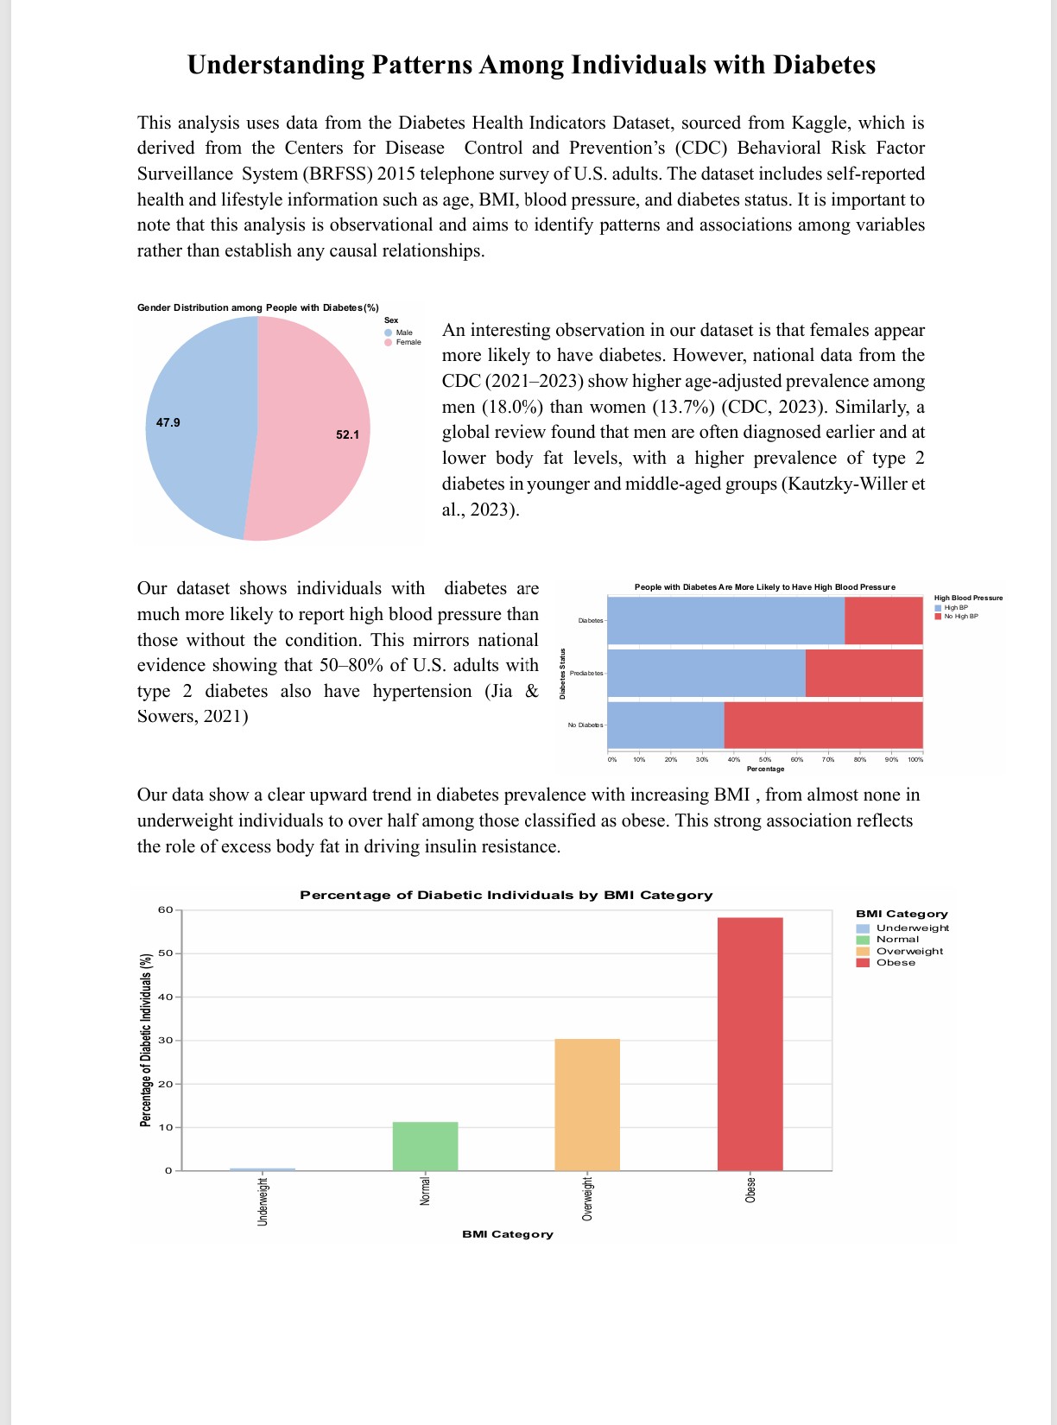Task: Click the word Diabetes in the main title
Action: tap(824, 65)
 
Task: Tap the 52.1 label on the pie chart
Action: tap(347, 434)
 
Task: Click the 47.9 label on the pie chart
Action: tap(168, 422)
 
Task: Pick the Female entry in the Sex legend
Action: tap(408, 342)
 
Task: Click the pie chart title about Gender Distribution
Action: tap(257, 307)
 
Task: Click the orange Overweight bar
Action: tap(586, 1105)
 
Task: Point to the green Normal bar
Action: tap(425, 1146)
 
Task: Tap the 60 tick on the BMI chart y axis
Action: tap(165, 909)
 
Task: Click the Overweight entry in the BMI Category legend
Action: tap(908, 951)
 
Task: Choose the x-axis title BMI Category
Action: tap(507, 1234)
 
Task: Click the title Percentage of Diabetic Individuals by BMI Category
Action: tap(506, 895)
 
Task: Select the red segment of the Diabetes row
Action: tap(883, 621)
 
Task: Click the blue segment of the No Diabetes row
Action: tap(666, 725)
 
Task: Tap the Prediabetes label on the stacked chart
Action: tap(586, 673)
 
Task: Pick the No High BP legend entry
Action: tap(960, 616)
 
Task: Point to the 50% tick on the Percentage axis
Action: tap(765, 760)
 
